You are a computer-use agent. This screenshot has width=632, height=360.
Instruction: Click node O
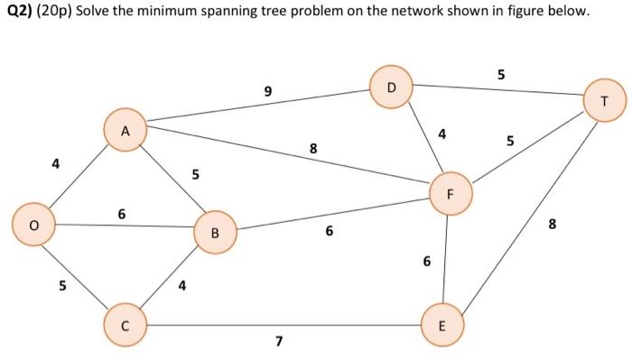click(33, 225)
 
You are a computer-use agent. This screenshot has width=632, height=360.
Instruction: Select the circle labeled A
click(125, 130)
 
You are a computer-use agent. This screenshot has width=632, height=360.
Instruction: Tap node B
click(214, 233)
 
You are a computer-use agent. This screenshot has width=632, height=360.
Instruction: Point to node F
click(450, 194)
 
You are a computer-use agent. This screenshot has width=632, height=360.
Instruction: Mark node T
click(604, 101)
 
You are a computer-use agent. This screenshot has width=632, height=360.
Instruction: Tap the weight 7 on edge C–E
click(279, 341)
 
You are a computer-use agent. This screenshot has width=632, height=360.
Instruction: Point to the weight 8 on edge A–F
click(313, 148)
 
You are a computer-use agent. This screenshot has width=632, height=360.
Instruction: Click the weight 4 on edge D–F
click(441, 134)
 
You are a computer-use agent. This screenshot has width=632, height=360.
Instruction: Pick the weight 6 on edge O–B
click(122, 213)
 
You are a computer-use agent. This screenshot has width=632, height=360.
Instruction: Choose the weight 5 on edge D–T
click(500, 73)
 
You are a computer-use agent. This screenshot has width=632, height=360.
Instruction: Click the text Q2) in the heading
click(19, 14)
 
